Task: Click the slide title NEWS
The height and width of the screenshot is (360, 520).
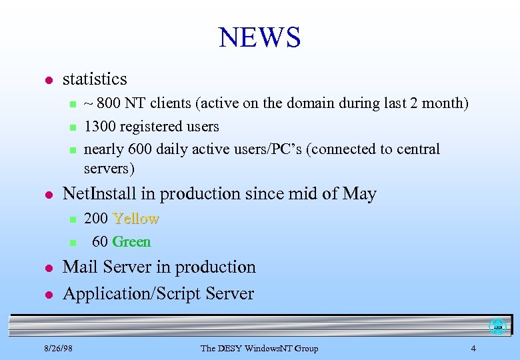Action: point(260,37)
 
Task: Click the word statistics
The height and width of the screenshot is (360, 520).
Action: point(94,79)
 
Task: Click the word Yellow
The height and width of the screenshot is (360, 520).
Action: point(136,219)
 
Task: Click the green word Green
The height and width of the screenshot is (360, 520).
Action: point(131,241)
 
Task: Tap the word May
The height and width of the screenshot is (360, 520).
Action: point(359,194)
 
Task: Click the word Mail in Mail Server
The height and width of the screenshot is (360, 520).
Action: point(81,267)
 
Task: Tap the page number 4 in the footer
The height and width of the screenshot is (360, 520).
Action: point(473,348)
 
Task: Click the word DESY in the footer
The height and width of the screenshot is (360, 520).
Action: point(229,348)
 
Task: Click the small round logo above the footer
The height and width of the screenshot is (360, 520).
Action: point(497,327)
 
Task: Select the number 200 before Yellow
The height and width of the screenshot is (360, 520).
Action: point(96,219)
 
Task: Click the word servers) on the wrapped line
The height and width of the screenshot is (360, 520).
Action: point(109,168)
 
